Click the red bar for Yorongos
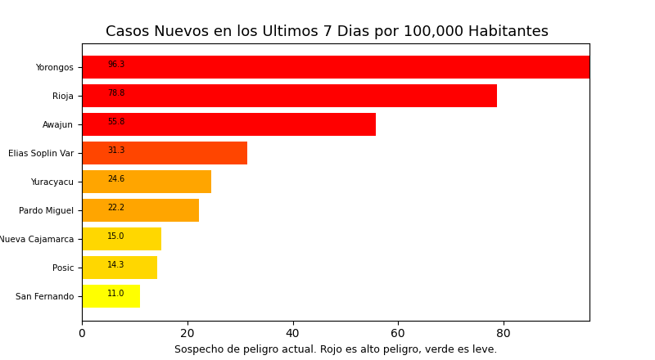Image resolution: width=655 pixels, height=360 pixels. (x=336, y=67)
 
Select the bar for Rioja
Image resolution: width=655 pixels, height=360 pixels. (x=289, y=96)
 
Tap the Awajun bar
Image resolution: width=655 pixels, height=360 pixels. (x=228, y=124)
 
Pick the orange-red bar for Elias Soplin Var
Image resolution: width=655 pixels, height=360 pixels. (x=165, y=153)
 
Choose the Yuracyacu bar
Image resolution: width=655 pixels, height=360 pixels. (x=147, y=182)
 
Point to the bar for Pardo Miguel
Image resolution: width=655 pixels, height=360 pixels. (x=140, y=210)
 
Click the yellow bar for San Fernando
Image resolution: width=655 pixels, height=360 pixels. (x=111, y=296)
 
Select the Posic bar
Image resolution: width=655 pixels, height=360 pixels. (x=120, y=268)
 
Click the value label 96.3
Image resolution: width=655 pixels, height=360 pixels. (x=116, y=65)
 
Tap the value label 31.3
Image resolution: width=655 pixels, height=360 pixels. (x=116, y=151)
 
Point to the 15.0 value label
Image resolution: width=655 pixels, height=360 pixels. (x=116, y=236)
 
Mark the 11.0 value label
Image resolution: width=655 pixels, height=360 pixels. (x=116, y=294)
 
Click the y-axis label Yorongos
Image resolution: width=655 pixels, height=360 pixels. (x=54, y=68)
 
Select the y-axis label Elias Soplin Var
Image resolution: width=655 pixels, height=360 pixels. (x=41, y=154)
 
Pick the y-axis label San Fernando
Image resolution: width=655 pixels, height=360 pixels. (x=44, y=297)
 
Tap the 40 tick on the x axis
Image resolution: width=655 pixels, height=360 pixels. (x=292, y=334)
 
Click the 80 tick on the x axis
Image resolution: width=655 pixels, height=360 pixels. (x=504, y=334)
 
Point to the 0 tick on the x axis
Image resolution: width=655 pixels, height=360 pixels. (x=82, y=334)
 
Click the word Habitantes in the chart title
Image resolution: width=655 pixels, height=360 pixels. (x=508, y=32)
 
